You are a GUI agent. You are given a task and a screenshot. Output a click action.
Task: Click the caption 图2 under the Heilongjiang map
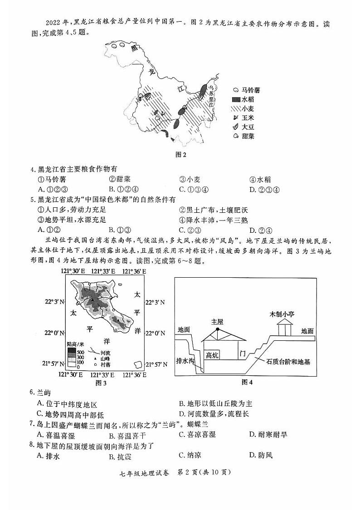tap(181, 154)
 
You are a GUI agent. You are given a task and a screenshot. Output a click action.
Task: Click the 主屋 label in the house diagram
tap(217, 321)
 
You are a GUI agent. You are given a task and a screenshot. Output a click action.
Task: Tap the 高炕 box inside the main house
tap(212, 355)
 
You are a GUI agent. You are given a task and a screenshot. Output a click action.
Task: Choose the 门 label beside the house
tap(243, 353)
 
